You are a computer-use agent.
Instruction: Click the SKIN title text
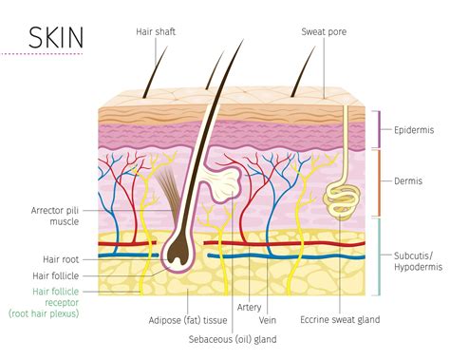coord(56,39)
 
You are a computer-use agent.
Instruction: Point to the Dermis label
coord(410,180)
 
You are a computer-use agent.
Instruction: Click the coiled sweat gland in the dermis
coord(340,195)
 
